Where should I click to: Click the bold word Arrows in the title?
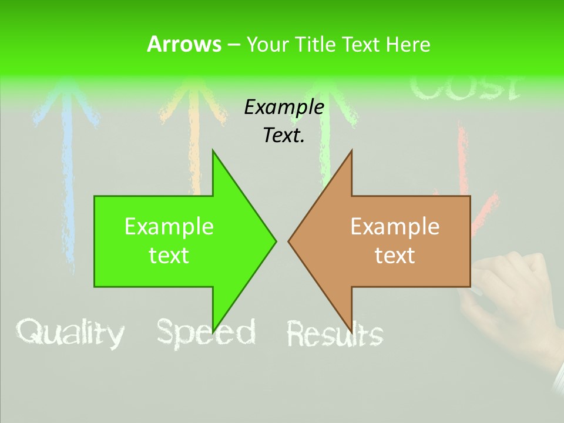[183, 44]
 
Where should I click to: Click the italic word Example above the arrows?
[284, 107]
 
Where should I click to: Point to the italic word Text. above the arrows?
[284, 136]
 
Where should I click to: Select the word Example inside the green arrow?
[169, 226]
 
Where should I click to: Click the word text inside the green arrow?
[169, 256]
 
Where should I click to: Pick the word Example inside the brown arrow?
[395, 226]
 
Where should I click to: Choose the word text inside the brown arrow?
[395, 256]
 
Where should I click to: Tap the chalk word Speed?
[206, 333]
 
